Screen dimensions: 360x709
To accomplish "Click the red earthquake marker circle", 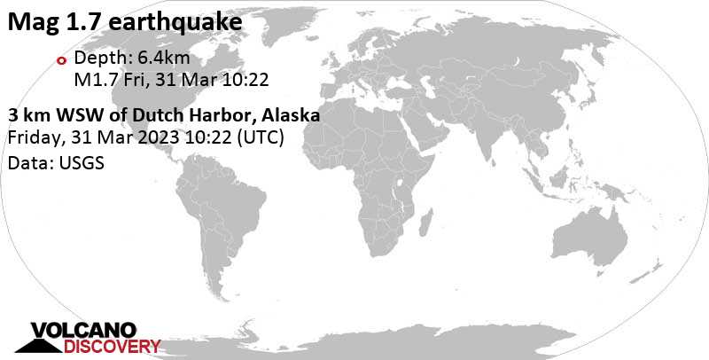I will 61,61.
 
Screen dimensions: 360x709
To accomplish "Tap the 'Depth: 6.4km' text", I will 132,59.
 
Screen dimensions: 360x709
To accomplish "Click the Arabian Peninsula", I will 424,142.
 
